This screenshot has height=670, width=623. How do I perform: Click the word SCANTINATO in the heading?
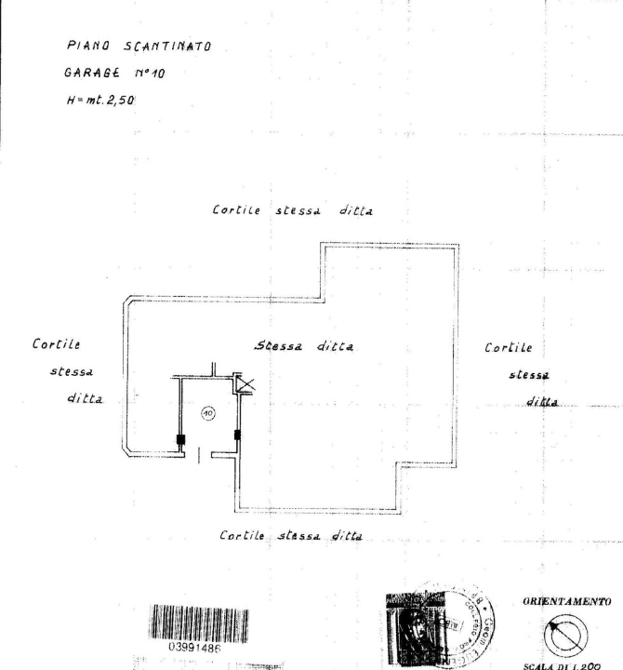coord(158,47)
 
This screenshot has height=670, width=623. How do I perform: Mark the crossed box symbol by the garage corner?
coord(245,384)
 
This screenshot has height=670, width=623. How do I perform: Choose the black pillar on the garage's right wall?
coord(238,435)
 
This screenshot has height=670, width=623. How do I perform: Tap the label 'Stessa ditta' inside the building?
coord(307,345)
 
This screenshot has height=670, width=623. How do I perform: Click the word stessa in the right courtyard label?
coord(528,376)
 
